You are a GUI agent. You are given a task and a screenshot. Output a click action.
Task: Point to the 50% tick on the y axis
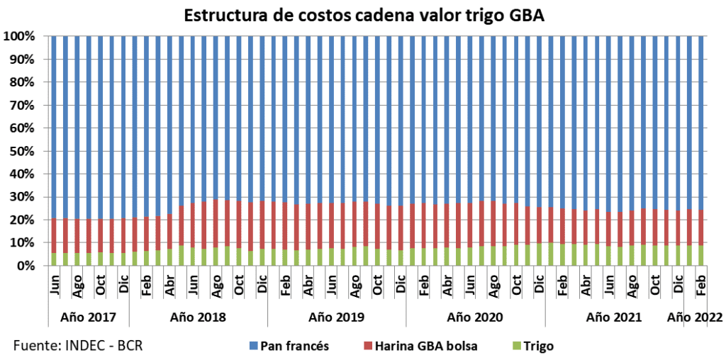coord(25,151)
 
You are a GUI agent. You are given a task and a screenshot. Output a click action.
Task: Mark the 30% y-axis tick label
coord(25,197)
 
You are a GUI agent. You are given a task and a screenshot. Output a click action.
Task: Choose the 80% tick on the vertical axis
coord(25,81)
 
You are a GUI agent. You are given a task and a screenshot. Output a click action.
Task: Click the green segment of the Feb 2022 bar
coord(701,256)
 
